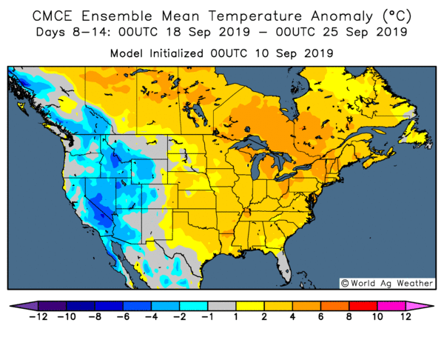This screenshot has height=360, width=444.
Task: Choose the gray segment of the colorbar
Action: click(x=221, y=306)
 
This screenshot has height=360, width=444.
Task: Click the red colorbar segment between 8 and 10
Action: click(x=362, y=306)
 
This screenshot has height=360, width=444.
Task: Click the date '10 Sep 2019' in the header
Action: click(x=297, y=53)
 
